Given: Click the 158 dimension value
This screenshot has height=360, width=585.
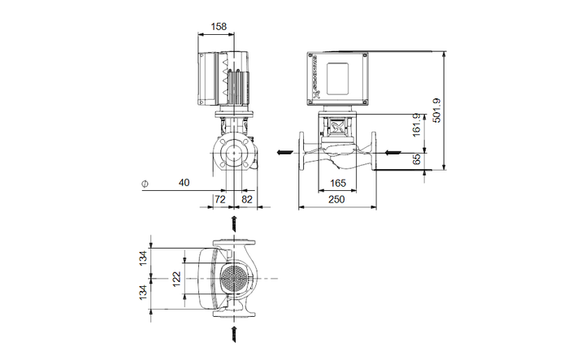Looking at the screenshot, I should coord(219,26).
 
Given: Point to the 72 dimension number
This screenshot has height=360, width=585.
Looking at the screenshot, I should coord(220,198).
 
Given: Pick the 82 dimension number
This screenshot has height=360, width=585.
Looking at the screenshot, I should coord(247,198).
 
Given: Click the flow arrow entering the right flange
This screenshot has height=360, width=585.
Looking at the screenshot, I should coord(392,152).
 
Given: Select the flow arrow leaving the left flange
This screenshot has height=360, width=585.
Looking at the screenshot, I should coord(284,152).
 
